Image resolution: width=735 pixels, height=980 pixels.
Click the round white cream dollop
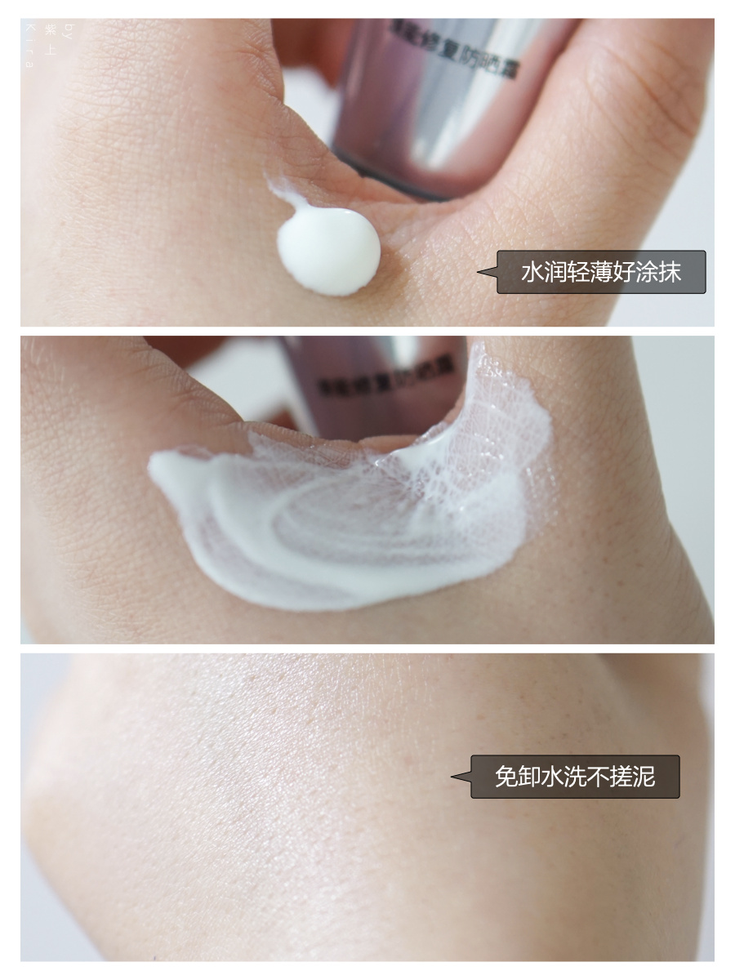click(x=328, y=250)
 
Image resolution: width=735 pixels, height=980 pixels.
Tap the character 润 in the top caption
click(x=554, y=272)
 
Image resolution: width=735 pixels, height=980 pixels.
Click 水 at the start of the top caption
click(x=531, y=272)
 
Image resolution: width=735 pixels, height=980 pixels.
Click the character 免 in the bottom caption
click(x=506, y=776)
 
